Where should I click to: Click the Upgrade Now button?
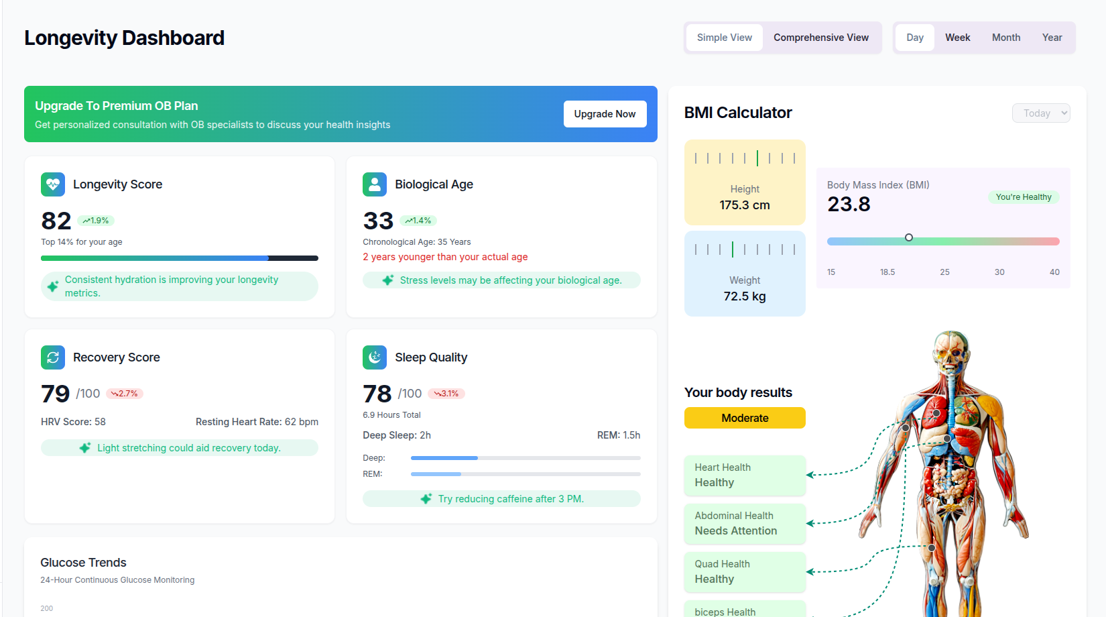click(605, 114)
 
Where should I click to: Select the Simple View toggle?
click(724, 38)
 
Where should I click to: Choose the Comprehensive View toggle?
click(820, 38)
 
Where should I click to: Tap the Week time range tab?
click(957, 38)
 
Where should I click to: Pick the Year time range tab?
click(1052, 38)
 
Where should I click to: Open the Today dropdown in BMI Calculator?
click(1040, 113)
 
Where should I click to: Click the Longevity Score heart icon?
click(53, 184)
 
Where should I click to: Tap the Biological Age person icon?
click(375, 184)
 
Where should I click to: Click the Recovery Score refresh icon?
click(53, 357)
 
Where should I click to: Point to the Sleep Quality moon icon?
click(375, 357)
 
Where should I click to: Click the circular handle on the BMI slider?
click(909, 237)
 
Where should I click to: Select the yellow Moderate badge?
click(745, 418)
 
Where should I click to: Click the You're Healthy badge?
click(1023, 197)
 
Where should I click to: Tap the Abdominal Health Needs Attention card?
click(745, 523)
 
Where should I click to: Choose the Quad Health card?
click(745, 571)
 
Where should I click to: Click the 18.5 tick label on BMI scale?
click(887, 272)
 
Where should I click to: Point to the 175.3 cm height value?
click(745, 205)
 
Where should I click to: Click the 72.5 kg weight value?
click(745, 296)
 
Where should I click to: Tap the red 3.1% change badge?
click(446, 394)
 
